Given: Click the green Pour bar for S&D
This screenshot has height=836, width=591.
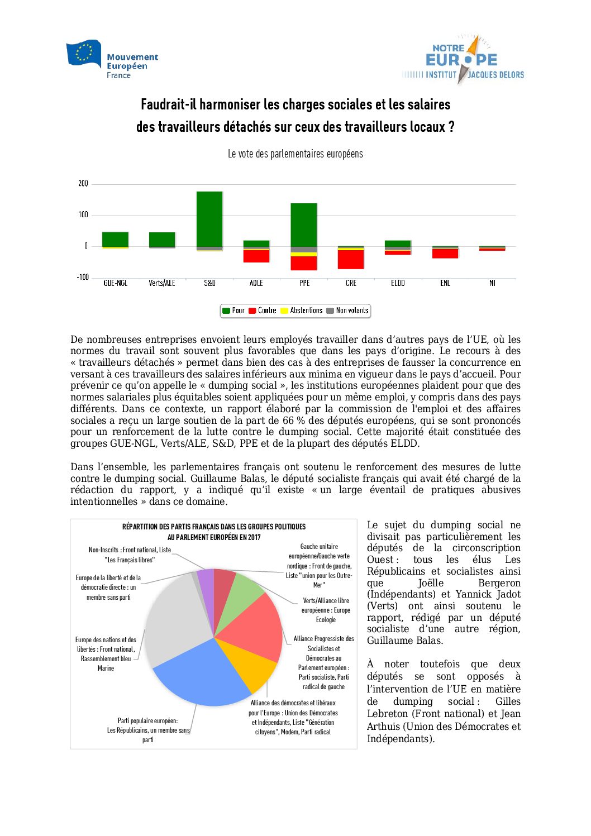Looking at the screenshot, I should (x=209, y=219).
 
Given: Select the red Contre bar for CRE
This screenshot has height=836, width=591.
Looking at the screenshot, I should (x=351, y=259).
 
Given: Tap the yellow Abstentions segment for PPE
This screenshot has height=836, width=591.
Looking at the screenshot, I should (x=304, y=254).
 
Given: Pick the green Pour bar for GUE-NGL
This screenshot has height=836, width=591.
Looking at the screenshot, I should (x=115, y=239).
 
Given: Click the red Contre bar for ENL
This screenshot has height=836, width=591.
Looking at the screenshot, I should (x=445, y=254).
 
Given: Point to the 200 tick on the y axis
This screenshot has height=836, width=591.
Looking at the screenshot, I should (x=83, y=184).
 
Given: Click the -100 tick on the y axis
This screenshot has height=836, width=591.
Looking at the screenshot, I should (x=83, y=278).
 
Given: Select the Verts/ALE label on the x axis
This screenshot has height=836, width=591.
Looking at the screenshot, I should (x=162, y=283).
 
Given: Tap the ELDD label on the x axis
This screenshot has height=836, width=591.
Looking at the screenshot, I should (x=398, y=283).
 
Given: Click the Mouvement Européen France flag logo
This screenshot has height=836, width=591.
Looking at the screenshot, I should (x=84, y=54).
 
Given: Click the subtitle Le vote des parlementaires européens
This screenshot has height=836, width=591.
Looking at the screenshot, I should (x=295, y=154).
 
